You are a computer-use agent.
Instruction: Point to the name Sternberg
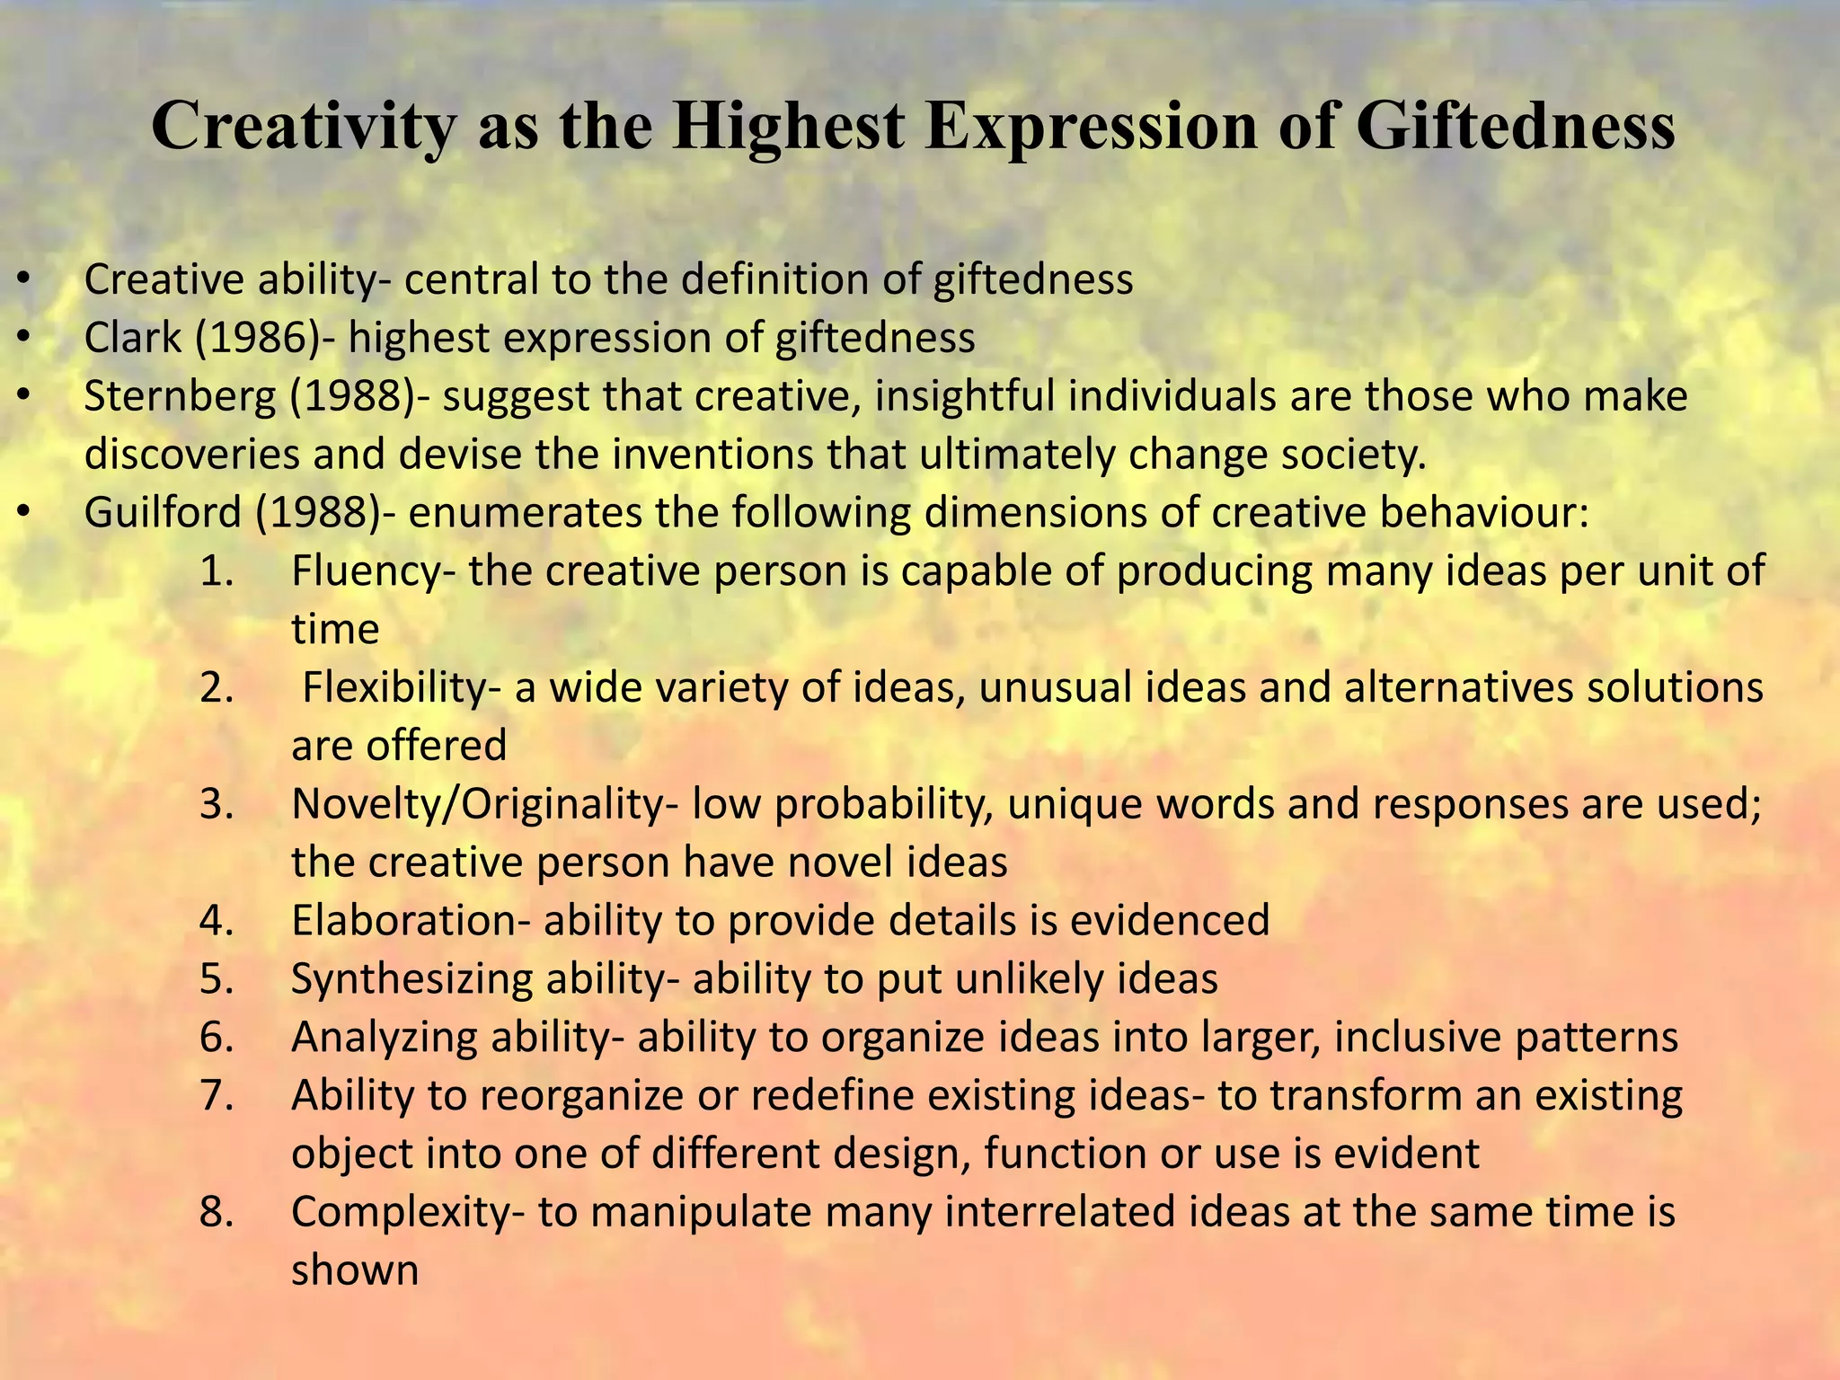click(x=180, y=397)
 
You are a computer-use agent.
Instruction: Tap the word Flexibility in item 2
click(x=395, y=689)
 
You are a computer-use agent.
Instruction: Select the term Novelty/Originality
click(x=477, y=805)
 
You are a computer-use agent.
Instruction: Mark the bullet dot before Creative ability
click(x=24, y=280)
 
